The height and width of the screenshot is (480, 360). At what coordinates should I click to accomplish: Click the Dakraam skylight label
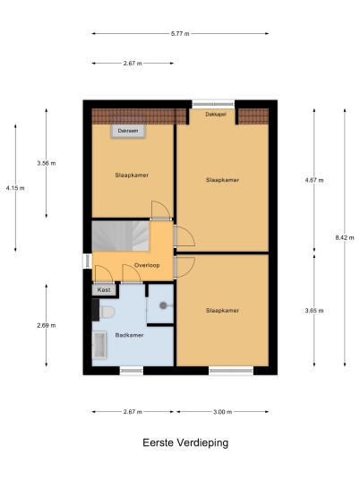[128, 131]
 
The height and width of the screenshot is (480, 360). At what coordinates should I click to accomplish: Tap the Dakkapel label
[216, 115]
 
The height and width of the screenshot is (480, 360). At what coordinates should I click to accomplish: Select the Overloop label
[147, 265]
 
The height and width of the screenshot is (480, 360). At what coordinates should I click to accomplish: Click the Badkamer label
[129, 335]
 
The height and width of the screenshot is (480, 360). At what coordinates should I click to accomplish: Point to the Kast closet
[104, 289]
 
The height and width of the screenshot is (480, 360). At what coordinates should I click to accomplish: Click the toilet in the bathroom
[106, 312]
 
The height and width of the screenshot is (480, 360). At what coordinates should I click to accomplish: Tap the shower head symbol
[164, 305]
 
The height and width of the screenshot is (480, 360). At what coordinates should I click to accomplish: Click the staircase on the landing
[121, 236]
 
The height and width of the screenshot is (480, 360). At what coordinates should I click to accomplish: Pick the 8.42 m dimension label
[345, 237]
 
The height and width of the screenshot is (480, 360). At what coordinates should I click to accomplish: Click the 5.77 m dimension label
[180, 34]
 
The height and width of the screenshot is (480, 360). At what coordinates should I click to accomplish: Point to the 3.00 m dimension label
[223, 412]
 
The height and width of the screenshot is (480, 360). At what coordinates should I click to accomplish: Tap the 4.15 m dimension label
[15, 188]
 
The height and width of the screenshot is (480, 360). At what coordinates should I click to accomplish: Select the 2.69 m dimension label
[47, 325]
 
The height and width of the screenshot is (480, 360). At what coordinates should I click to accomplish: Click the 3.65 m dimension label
[314, 311]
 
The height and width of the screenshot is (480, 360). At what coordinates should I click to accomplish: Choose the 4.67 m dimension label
[314, 180]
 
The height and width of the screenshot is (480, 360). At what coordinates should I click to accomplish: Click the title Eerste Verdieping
[185, 442]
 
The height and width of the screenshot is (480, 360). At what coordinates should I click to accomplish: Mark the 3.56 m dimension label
[47, 163]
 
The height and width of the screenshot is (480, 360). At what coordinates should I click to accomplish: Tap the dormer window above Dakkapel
[213, 104]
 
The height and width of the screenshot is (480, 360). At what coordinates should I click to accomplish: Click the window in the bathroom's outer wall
[132, 371]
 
